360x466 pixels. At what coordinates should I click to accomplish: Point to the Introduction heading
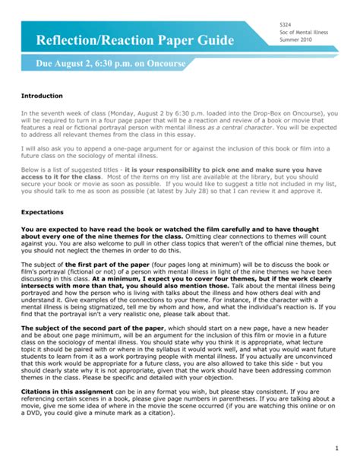(43, 97)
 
